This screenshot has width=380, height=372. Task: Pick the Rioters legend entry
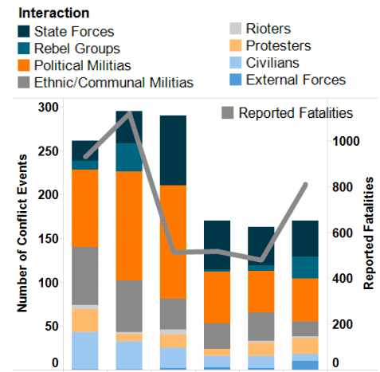pyautogui.click(x=268, y=30)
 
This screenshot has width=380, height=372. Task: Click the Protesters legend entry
pyautogui.click(x=278, y=46)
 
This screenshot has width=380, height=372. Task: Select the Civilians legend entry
pyautogui.click(x=273, y=63)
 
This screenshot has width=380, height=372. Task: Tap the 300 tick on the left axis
pyautogui.click(x=49, y=108)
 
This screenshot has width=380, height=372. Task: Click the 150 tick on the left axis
pyautogui.click(x=49, y=239)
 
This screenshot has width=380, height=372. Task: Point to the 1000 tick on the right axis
pyautogui.click(x=347, y=142)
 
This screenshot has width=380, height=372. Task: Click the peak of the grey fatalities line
pyautogui.click(x=130, y=112)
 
